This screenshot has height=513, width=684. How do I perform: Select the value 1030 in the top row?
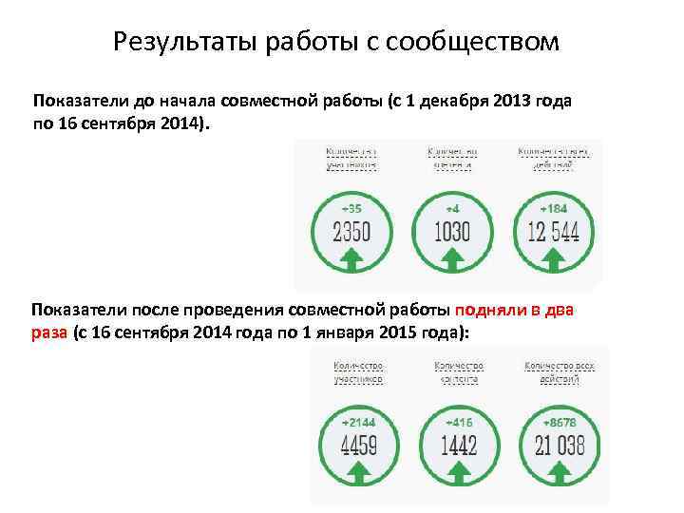coord(452,231)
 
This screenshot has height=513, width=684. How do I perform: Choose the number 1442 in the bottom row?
coord(459,445)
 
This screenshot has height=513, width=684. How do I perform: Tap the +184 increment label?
coord(554,207)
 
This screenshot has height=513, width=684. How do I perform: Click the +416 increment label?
coord(459,421)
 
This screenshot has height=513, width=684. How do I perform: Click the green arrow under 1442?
coord(459,470)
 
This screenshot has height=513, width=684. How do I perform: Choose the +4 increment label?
coord(452,207)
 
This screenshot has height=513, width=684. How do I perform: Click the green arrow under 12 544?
coord(554,257)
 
